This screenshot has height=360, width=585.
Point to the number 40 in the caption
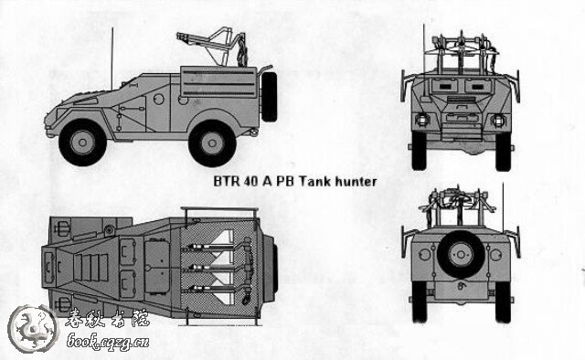pyautogui.click(x=252, y=181)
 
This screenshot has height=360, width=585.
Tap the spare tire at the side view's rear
pyautogui.click(x=270, y=93)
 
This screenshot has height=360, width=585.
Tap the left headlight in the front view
pyautogui.click(x=421, y=121)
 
